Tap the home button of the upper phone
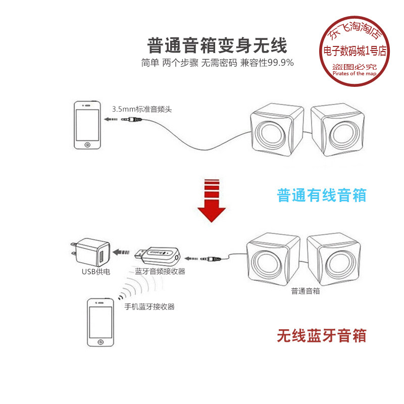(87, 145)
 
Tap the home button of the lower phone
(100, 342)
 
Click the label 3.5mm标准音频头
(142, 109)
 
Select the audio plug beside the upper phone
(132, 119)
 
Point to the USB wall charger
(91, 252)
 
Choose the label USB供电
(96, 272)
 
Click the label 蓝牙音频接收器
(160, 271)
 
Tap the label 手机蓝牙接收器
(149, 307)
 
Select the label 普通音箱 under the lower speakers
(306, 291)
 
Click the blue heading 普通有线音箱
(322, 195)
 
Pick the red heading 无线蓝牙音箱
(322, 335)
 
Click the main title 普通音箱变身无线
(217, 45)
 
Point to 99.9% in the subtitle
(281, 63)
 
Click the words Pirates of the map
(355, 73)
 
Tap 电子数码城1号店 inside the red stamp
(355, 51)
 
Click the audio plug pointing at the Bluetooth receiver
(211, 259)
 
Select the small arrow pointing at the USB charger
(121, 252)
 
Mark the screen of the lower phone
(100, 322)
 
